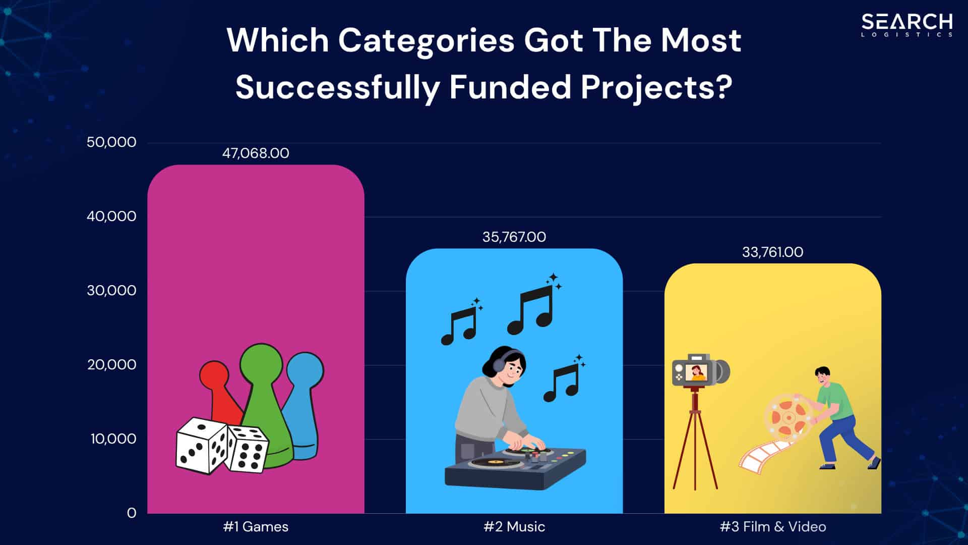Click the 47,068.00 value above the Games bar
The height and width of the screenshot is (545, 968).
click(x=256, y=153)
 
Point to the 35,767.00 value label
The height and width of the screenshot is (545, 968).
click(x=514, y=237)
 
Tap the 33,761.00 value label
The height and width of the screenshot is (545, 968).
click(x=772, y=252)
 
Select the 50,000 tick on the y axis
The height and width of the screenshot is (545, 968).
click(x=111, y=142)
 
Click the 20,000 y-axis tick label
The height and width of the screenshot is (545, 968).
click(x=111, y=364)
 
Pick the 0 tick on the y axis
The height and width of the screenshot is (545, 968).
click(x=132, y=513)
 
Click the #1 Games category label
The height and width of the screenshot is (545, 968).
click(x=256, y=527)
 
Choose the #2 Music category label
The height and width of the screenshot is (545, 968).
click(x=514, y=527)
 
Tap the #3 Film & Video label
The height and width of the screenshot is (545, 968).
click(x=773, y=527)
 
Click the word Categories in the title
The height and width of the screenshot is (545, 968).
click(x=426, y=40)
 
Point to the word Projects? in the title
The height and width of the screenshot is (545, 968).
click(x=656, y=87)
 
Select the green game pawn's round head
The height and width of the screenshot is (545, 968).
click(x=261, y=362)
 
